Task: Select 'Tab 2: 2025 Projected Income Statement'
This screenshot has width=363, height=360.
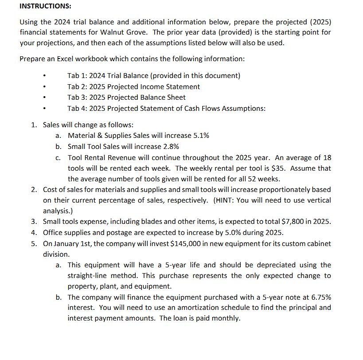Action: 133,86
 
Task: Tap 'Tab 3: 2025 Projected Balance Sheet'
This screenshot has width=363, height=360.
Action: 126,97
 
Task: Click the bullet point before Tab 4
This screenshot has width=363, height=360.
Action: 45,108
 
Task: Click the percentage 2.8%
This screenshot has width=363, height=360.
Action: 171,146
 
